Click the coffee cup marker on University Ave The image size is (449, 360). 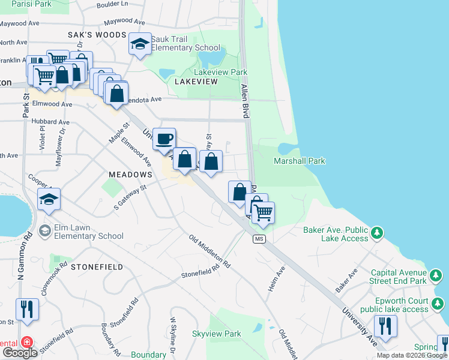tap(164, 140)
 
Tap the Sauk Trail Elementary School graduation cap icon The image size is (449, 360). tap(140, 44)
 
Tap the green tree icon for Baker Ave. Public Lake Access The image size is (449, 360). tap(376, 232)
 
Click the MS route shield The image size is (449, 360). tap(259, 239)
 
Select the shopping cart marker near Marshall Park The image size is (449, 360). tap(263, 212)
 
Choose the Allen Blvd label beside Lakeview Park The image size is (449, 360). tap(246, 96)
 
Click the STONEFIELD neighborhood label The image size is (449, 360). tap(97, 266)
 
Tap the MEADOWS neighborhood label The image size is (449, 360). tap(130, 174)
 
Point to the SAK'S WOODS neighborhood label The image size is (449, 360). tap(105, 35)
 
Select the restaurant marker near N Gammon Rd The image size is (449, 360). tap(27, 310)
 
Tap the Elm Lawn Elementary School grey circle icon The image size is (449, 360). tap(44, 230)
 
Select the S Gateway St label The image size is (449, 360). tap(131, 199)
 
